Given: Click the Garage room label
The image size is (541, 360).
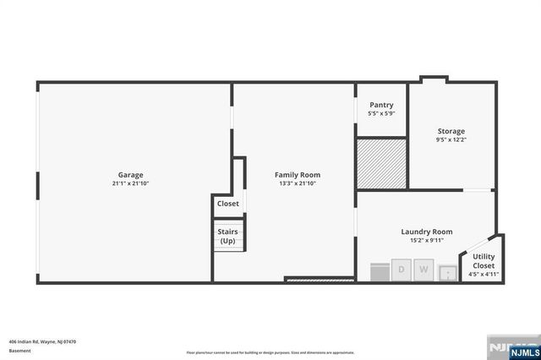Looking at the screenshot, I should tap(130, 175).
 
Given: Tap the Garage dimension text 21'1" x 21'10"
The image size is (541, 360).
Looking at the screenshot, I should tap(130, 183).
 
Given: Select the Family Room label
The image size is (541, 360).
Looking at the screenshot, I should tap(298, 175).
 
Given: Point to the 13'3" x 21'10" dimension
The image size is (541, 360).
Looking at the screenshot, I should tap(298, 183).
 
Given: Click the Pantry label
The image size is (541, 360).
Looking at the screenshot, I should tap(381, 105).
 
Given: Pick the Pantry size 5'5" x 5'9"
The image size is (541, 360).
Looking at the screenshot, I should tap(381, 113).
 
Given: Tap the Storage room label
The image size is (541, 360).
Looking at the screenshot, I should tap(451, 131).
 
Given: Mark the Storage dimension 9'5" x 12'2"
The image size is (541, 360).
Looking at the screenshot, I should tap(451, 139).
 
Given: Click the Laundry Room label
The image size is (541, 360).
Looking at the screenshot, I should tap(426, 232).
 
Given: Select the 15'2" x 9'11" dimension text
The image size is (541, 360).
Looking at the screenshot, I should tap(426, 240).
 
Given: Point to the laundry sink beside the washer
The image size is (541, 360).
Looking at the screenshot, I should tap(447, 272).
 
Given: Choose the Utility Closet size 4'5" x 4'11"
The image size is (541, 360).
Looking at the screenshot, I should tap(484, 274).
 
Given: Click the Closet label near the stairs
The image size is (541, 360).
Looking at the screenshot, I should tap(228, 204).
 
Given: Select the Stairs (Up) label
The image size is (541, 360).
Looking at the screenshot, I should tap(228, 236).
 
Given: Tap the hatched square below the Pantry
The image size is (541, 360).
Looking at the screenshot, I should tap(381, 164).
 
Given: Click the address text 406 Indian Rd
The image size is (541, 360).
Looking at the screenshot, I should tap(42, 341).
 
